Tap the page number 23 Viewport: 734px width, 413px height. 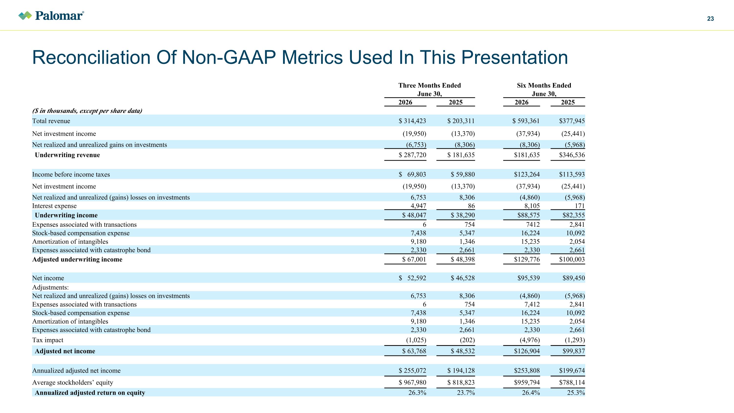pyautogui.click(x=710, y=19)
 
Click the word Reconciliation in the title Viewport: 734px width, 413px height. pyautogui.click(x=92, y=57)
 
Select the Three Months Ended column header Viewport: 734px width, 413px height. pyautogui.click(x=429, y=85)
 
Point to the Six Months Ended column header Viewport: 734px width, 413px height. pyautogui.click(x=544, y=85)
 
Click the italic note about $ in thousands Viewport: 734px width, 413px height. pyautogui.click(x=87, y=111)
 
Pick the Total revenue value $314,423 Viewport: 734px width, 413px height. pyautogui.click(x=412, y=121)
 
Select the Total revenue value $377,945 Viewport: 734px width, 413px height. pyautogui.click(x=572, y=121)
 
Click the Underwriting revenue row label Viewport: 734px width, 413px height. pyautogui.click(x=67, y=155)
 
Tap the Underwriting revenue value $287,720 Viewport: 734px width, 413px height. pyautogui.click(x=412, y=155)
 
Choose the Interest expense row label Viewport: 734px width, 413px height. pyautogui.click(x=54, y=206)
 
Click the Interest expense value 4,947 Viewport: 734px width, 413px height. pyautogui.click(x=418, y=206)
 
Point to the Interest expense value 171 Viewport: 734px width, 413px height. pyautogui.click(x=580, y=206)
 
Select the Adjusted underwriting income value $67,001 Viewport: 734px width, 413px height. pyautogui.click(x=414, y=259)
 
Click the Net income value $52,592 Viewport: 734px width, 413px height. pyautogui.click(x=412, y=278)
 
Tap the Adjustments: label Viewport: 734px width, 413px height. pyautogui.click(x=50, y=287)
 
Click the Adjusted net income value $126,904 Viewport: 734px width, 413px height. pyautogui.click(x=527, y=351)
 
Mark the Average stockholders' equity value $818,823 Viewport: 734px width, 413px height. pyautogui.click(x=461, y=382)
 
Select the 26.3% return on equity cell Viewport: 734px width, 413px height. pyautogui.click(x=417, y=393)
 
